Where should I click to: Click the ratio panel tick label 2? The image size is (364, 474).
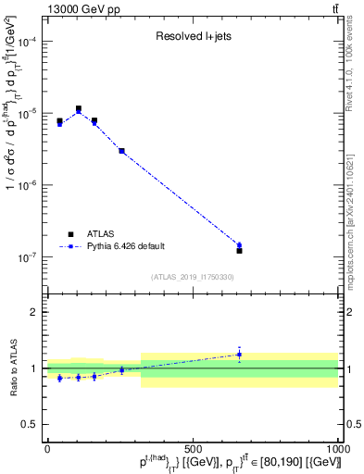click(33, 312)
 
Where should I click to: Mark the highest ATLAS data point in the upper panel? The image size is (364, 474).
click(79, 108)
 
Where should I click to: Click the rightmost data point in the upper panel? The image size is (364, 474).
click(239, 250)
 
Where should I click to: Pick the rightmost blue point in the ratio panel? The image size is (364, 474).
click(239, 354)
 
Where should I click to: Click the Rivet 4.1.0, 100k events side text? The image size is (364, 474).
click(355, 65)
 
